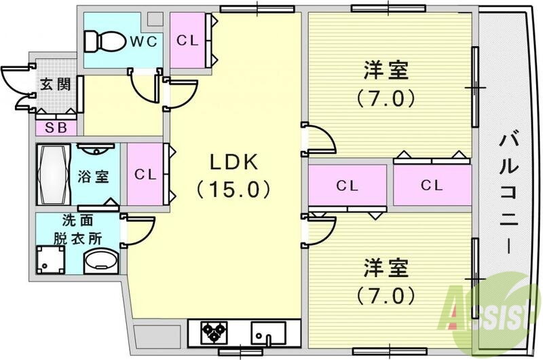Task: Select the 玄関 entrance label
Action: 54,85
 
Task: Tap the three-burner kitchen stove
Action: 216,332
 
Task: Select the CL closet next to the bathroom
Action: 145,174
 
